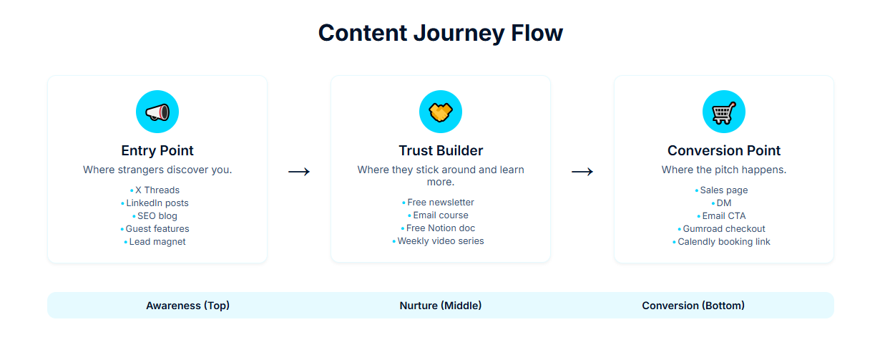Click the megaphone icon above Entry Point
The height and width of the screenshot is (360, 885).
[157, 112]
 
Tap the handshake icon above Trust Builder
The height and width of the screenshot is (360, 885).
[441, 112]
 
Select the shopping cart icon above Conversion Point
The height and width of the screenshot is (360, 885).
[724, 112]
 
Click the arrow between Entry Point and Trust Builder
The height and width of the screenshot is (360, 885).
[299, 172]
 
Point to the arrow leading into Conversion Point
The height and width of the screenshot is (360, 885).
[582, 172]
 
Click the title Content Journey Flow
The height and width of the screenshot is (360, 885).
[441, 33]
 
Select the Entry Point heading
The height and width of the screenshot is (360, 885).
[157, 150]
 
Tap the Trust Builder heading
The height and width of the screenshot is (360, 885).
[441, 150]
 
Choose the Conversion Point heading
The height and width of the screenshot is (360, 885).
[724, 150]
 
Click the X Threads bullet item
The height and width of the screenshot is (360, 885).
[157, 190]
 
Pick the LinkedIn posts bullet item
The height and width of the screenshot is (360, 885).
[157, 203]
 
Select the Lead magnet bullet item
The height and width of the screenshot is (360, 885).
[157, 242]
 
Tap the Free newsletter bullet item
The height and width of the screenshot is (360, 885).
[441, 203]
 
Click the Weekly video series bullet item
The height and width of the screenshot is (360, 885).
[441, 241]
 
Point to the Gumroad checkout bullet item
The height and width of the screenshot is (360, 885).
[724, 229]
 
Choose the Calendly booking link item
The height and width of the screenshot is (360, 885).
[724, 242]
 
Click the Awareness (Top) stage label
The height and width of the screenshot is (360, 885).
[188, 306]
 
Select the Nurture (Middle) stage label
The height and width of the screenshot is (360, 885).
[441, 306]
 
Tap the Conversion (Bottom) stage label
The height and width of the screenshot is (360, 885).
[693, 306]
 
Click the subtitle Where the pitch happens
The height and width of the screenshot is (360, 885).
[724, 170]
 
